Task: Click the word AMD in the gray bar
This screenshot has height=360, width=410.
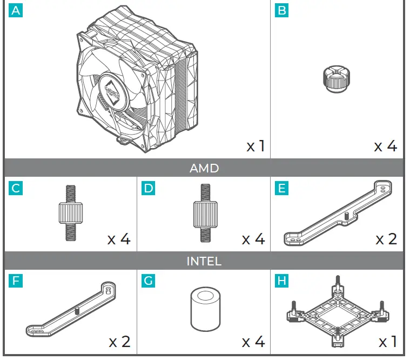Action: tap(204, 168)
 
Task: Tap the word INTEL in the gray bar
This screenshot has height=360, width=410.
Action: tap(204, 261)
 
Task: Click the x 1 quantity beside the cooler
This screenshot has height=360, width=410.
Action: tap(256, 146)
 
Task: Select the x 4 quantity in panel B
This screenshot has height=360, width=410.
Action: tap(386, 146)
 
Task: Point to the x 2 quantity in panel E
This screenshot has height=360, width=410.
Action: tap(386, 238)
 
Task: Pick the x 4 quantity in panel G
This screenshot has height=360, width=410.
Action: tap(253, 342)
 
